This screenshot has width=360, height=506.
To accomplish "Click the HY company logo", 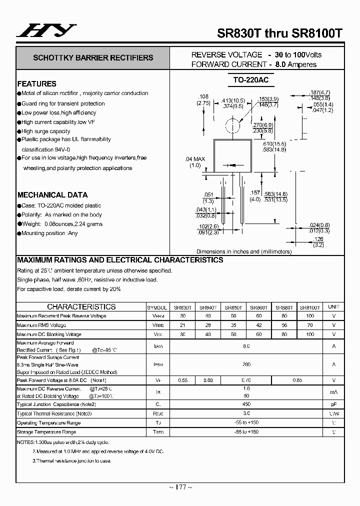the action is click(46, 31).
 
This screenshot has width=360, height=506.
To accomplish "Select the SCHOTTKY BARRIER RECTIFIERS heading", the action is click(93, 58).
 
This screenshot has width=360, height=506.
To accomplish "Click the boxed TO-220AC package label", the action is click(254, 80).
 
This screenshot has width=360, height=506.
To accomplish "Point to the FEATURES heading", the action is click(37, 84).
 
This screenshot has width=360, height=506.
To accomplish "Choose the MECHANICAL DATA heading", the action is click(52, 195).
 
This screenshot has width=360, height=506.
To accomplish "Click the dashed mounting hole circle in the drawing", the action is click(230, 125).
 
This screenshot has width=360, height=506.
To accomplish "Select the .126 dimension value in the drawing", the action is click(318, 239).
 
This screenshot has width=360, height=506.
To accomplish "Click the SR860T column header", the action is click(259, 307).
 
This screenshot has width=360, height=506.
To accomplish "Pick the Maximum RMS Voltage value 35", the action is click(233, 325).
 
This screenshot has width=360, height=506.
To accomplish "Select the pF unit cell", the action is click(333, 404).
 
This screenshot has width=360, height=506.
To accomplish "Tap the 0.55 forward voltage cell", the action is click(183, 380).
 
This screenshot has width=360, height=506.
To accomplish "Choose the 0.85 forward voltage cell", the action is click(297, 380).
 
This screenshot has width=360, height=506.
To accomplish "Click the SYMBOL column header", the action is click(157, 307).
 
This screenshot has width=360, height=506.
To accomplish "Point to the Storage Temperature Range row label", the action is click(46, 432).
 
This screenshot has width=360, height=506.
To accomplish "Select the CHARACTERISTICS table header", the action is click(81, 307).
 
